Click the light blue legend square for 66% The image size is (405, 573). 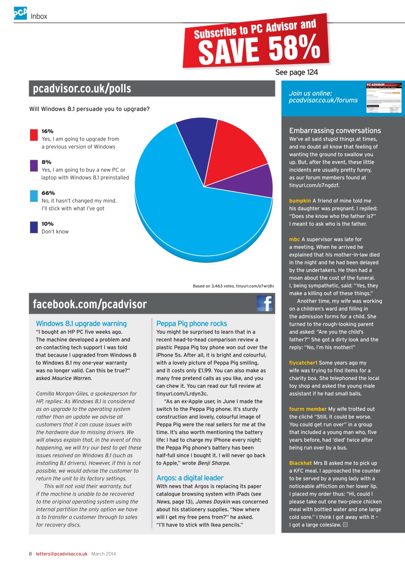pos(34,196)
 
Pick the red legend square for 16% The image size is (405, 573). pos(34,135)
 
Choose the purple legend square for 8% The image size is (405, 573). pos(34,166)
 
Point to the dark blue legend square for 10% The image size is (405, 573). pos(34,227)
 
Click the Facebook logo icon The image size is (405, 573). pos(264,304)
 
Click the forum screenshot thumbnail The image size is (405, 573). pos(384,97)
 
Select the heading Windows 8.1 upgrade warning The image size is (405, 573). pos(81,324)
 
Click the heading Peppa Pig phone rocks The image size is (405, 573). pos(192,324)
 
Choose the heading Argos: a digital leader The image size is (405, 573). pos(190,478)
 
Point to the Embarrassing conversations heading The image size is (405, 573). pos(335,131)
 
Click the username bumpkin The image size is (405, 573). pos(300,201)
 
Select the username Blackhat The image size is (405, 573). pos(300,463)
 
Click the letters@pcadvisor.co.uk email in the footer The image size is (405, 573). pos(61,554)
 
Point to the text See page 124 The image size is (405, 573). pos(296,73)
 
